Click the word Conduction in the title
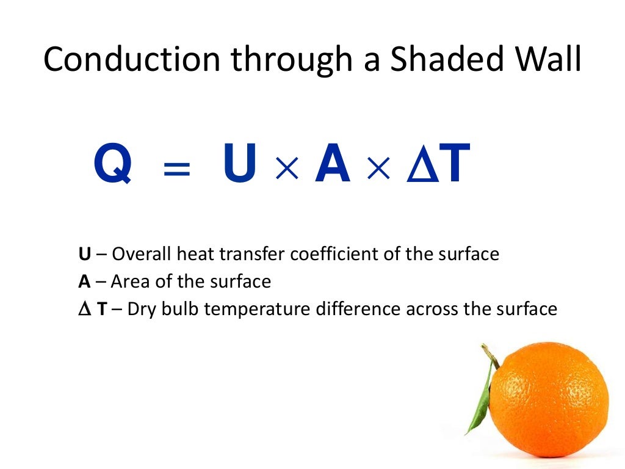click(x=131, y=60)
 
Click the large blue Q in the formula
click(x=113, y=164)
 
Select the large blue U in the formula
click(x=240, y=164)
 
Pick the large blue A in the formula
click(x=333, y=164)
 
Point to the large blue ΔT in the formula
click(x=437, y=164)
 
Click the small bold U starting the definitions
click(x=84, y=254)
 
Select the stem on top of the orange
click(x=489, y=354)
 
